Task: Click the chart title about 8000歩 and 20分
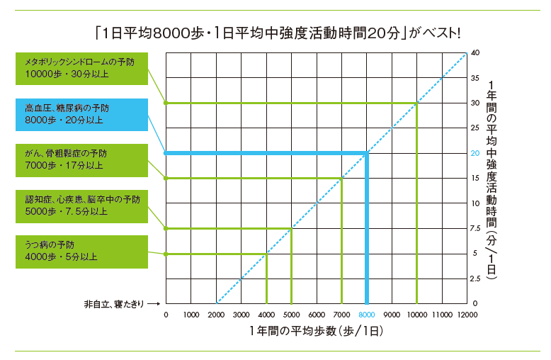tap(276, 33)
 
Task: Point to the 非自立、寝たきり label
tap(113, 304)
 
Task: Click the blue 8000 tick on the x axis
tap(366, 314)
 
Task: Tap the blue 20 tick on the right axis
tap(475, 153)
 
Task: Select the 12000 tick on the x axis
tap(466, 314)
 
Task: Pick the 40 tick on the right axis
tap(475, 53)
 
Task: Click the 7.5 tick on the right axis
tap(475, 228)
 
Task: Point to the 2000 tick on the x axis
tap(216, 314)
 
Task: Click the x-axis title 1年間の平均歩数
tap(315, 331)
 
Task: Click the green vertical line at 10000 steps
tap(416, 206)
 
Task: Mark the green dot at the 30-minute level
tap(166, 103)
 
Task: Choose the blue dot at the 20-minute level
tap(166, 153)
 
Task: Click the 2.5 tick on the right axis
tap(475, 279)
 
